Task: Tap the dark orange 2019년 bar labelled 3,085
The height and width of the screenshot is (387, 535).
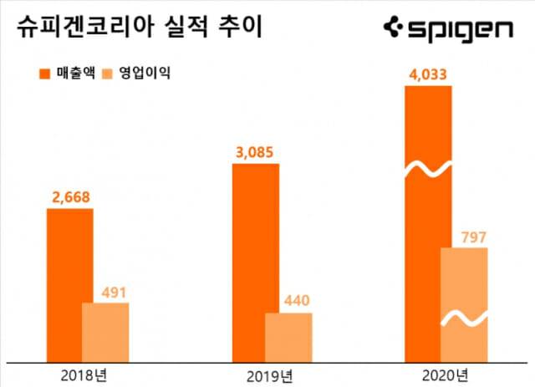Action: [255, 251]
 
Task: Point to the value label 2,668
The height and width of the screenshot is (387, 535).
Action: [69, 197]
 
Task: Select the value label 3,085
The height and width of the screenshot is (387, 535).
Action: [255, 153]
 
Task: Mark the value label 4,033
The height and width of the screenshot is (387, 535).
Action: [427, 75]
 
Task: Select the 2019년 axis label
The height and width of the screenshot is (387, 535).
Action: [269, 373]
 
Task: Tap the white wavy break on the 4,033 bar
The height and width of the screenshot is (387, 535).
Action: [427, 170]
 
